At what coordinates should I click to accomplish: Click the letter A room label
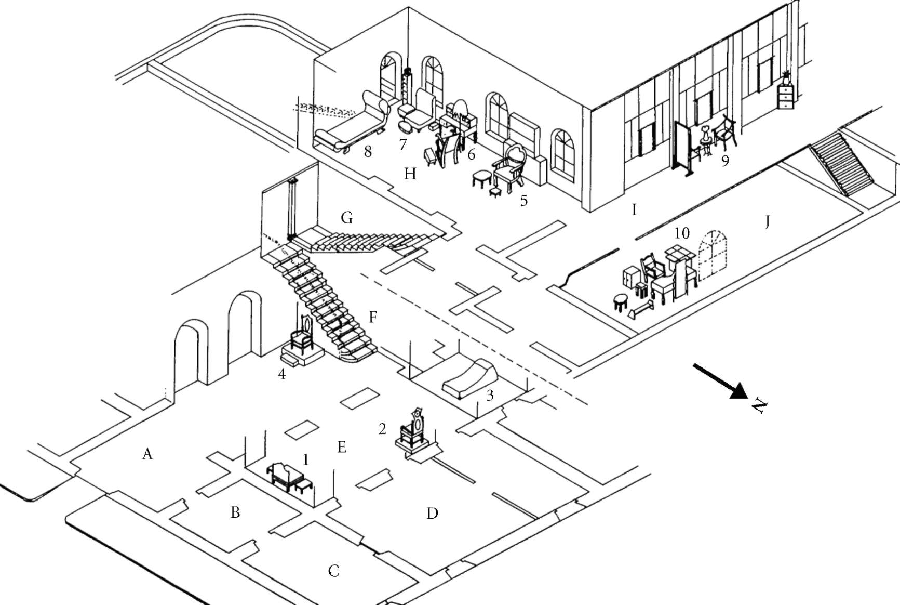coord(147,454)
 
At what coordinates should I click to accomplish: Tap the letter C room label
coord(334,571)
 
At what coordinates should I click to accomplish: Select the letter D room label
coord(432,514)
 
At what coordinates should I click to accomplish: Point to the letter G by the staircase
coord(347,217)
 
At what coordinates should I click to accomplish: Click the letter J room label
coord(768,222)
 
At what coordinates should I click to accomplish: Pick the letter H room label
coord(410,174)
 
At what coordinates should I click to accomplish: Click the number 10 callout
coord(681,233)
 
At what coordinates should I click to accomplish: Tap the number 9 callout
coord(725,161)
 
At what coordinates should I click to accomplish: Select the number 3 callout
coord(490,396)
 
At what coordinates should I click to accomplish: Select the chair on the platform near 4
coord(302,335)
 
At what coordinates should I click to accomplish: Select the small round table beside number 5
coord(482,179)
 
